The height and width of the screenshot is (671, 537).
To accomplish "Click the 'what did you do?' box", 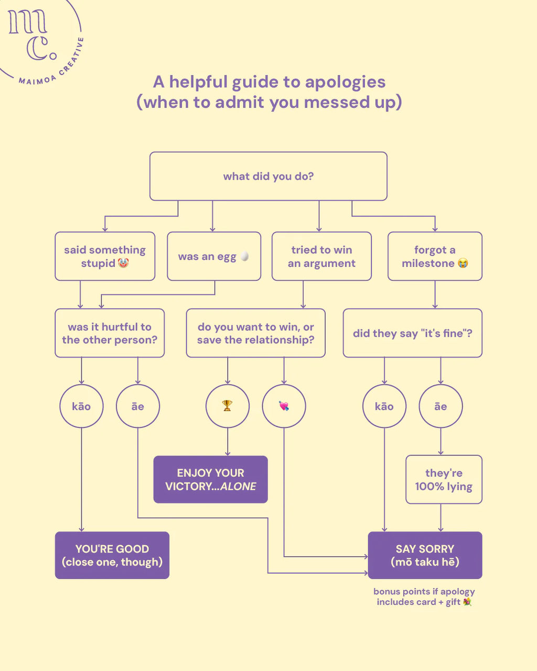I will pyautogui.click(x=268, y=176).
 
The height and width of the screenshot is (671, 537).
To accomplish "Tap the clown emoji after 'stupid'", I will pyautogui.click(x=123, y=263).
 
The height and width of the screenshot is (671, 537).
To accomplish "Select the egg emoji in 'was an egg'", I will pyautogui.click(x=244, y=256).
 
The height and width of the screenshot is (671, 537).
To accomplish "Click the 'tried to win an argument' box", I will pyautogui.click(x=321, y=256).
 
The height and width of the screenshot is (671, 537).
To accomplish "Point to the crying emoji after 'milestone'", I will pyautogui.click(x=463, y=263).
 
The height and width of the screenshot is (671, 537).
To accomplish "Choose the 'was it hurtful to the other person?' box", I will pyautogui.click(x=110, y=333).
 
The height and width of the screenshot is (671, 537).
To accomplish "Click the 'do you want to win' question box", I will pyautogui.click(x=255, y=333).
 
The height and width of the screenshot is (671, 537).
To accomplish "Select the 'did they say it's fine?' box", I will pyautogui.click(x=412, y=333).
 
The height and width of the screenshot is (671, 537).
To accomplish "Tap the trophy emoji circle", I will pyautogui.click(x=227, y=406).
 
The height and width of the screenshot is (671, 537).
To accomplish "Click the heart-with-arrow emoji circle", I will pyautogui.click(x=284, y=406).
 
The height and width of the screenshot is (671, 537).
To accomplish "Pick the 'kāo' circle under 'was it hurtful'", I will pyautogui.click(x=81, y=406).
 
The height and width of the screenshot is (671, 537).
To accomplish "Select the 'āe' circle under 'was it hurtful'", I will pyautogui.click(x=137, y=406).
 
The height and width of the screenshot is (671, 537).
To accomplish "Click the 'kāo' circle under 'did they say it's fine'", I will pyautogui.click(x=384, y=406).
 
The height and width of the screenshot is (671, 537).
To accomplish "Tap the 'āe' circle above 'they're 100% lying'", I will pyautogui.click(x=441, y=406).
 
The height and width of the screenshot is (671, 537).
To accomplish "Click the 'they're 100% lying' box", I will pyautogui.click(x=444, y=479).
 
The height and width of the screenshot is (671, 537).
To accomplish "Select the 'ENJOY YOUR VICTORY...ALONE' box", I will pyautogui.click(x=210, y=479).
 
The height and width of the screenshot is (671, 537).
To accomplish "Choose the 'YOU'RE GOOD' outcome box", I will pyautogui.click(x=112, y=555).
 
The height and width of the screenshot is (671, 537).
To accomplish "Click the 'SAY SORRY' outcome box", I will pyautogui.click(x=425, y=555).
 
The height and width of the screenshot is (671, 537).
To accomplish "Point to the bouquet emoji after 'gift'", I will pyautogui.click(x=467, y=602).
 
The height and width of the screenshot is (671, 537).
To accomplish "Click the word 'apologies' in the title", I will pyautogui.click(x=345, y=82).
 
